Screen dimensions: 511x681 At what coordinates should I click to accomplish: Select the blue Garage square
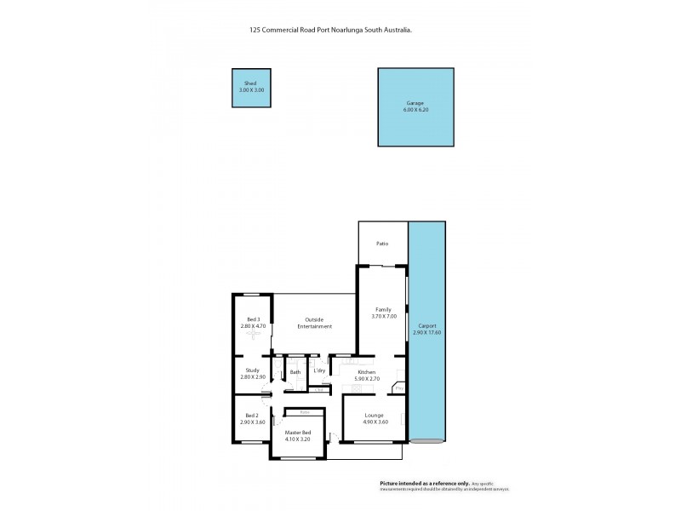tap(415, 106)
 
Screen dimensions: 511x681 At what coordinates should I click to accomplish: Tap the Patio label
tap(382, 244)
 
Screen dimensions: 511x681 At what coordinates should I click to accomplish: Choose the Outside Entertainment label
tap(313, 323)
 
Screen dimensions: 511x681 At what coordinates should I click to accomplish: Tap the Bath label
tap(295, 372)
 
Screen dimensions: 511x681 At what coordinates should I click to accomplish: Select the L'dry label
tap(319, 371)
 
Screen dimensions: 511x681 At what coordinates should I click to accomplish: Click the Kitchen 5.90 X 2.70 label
tap(366, 375)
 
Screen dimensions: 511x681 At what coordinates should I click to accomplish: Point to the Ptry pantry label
tap(398, 390)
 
